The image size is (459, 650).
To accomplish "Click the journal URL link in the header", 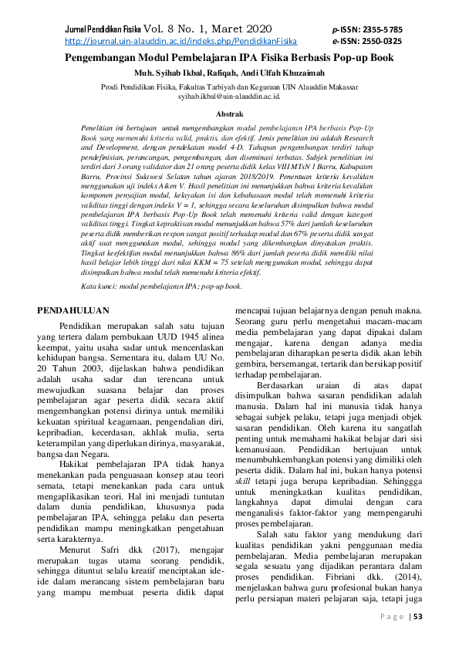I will pyautogui.click(x=181, y=41).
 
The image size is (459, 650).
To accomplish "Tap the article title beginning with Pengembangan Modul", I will pyautogui.click(x=229, y=57).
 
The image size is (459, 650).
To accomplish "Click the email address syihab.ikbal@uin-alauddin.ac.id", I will pyautogui.click(x=229, y=98).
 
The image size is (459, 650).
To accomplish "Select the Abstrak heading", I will pyautogui.click(x=229, y=113).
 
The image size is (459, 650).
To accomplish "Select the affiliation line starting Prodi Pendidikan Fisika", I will pyautogui.click(x=229, y=88).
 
